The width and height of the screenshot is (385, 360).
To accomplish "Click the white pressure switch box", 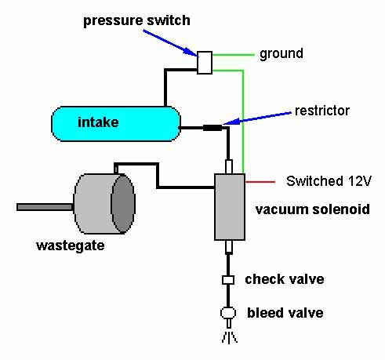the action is [205, 63].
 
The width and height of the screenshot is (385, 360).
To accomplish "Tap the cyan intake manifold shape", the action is [116, 124].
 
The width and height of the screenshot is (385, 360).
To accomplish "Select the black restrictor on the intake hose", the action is [212, 128].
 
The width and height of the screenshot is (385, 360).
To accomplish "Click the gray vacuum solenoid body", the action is [230, 207].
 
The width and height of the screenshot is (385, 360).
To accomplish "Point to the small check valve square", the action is [228, 280].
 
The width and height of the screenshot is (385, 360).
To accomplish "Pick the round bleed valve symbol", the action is [228, 313].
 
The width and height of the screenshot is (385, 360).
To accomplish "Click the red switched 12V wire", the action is [260, 182].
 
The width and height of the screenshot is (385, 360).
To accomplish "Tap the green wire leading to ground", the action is [233, 55].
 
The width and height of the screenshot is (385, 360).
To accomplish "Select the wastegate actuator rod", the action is [45, 207].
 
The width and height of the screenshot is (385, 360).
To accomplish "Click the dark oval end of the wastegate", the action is [123, 204].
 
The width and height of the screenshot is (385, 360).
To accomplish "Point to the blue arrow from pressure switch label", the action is [170, 42].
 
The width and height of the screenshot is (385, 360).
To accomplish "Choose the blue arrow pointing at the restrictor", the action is [257, 118].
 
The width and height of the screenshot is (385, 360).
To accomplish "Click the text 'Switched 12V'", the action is [329, 181].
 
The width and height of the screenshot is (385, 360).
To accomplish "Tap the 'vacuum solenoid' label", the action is [313, 209].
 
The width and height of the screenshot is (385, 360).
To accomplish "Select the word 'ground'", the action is [281, 54].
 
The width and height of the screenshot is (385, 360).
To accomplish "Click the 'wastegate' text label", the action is [71, 245].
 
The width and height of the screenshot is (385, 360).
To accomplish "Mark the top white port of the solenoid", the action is [229, 166].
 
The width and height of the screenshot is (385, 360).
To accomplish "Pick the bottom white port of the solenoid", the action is [229, 247].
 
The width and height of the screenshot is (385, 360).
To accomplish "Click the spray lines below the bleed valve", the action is [229, 337].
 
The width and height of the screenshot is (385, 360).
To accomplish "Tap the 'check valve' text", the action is [285, 279].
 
